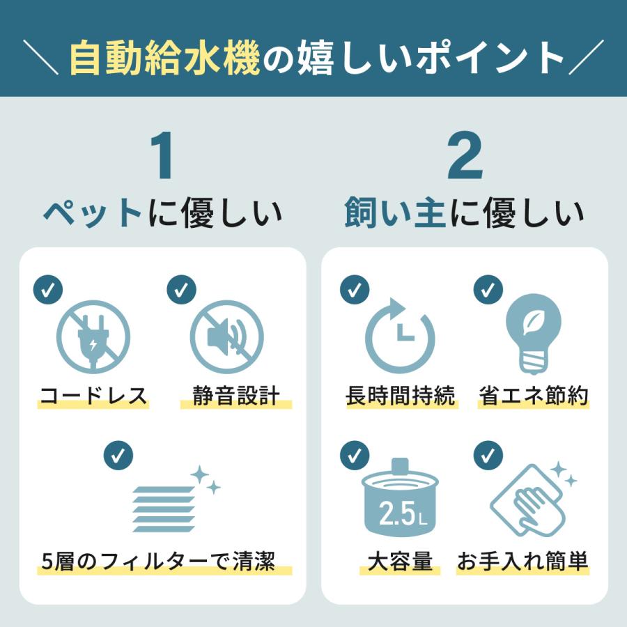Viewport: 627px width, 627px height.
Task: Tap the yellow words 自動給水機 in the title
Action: tap(165, 59)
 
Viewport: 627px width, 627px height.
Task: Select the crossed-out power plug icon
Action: tap(93, 337)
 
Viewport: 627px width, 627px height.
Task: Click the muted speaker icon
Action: tap(227, 337)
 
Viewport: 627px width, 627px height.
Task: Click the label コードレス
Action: tap(93, 396)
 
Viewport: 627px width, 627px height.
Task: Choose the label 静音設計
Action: tap(235, 396)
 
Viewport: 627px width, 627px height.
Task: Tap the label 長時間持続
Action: tap(400, 396)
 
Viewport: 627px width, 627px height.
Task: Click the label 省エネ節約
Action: tap(534, 396)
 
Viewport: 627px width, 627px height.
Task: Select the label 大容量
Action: tap(400, 561)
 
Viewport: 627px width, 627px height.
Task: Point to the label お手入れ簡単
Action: tap(523, 561)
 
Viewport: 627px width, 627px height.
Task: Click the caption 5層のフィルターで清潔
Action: tap(157, 561)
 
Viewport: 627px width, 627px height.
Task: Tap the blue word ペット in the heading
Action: tap(93, 214)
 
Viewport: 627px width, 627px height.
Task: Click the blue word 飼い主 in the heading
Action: tap(394, 214)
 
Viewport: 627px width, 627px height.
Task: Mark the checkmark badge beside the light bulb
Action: tap(488, 289)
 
